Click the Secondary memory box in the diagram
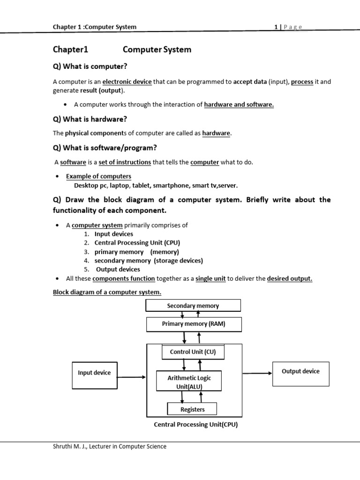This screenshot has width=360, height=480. click(193, 306)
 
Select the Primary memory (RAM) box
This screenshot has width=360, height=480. click(193, 324)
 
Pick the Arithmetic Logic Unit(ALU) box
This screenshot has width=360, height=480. click(189, 382)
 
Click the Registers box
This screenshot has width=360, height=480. click(192, 409)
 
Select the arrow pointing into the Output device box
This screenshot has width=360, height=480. click(257, 374)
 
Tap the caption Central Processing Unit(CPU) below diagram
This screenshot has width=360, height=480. click(196, 425)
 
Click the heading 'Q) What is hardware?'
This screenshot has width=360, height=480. click(90, 119)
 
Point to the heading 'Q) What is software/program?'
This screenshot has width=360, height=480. click(105, 148)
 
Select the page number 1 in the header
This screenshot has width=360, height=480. click(276, 27)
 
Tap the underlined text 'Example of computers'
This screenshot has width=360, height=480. click(98, 176)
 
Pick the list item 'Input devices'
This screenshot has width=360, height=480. click(114, 234)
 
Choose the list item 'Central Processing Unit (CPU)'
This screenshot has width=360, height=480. click(137, 243)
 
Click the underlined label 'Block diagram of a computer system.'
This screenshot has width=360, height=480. click(107, 292)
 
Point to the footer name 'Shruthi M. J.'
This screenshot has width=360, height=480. click(70, 447)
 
